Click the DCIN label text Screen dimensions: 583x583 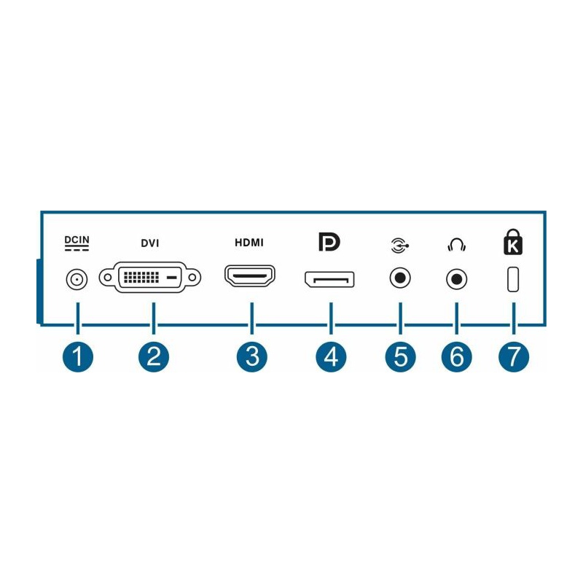[x=77, y=240]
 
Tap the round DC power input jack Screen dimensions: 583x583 [x=77, y=279]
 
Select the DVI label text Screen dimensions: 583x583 [x=150, y=243]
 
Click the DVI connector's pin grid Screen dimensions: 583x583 [x=141, y=278]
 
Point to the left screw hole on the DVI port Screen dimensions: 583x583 [x=107, y=278]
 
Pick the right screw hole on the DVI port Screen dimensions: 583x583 [x=192, y=278]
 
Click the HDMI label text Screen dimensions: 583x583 [x=249, y=243]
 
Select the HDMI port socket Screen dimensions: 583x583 [x=250, y=276]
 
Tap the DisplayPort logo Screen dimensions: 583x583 [x=329, y=242]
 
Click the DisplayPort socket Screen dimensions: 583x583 [x=329, y=280]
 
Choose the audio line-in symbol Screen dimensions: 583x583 [x=400, y=246]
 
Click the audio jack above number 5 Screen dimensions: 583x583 [x=400, y=278]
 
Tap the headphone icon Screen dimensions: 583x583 [x=457, y=246]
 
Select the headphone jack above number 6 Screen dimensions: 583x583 [x=457, y=279]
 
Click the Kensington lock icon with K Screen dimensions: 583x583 [x=513, y=242]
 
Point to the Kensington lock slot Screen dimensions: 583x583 [x=513, y=279]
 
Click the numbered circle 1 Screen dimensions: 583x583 [x=78, y=357]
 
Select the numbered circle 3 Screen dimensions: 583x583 [x=252, y=357]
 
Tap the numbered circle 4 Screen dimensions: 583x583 [x=331, y=357]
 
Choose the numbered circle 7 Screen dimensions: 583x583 [x=514, y=357]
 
